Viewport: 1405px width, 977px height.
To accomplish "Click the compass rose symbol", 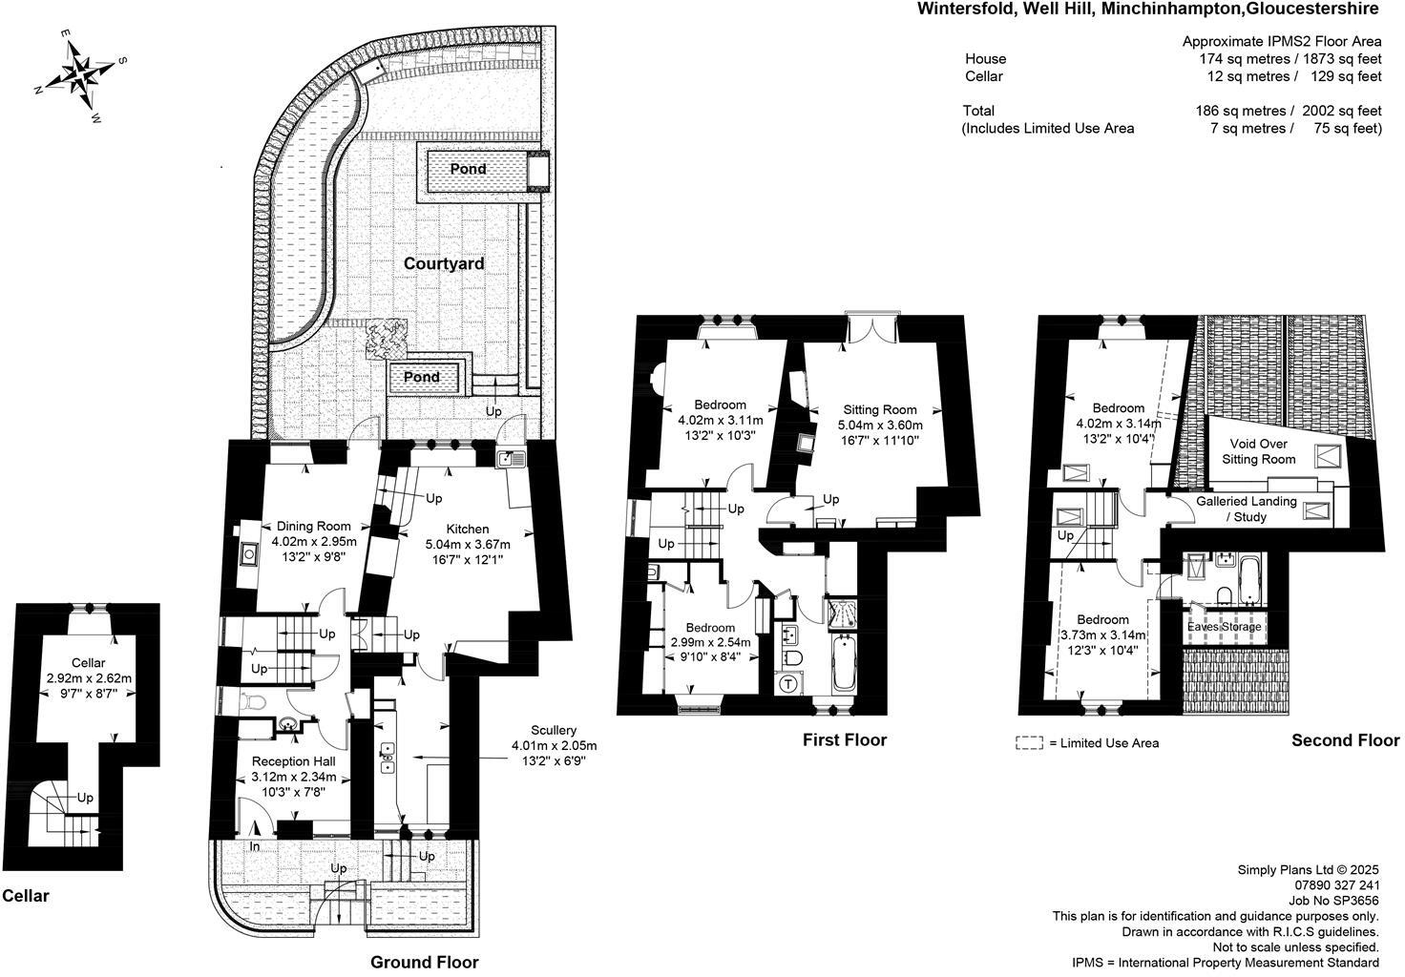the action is (81, 75).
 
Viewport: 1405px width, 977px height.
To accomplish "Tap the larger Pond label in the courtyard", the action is (468, 169).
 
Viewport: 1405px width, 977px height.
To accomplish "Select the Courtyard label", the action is (444, 263).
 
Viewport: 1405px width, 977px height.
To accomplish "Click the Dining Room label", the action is (314, 526).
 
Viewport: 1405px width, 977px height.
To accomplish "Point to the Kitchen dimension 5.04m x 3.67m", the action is (468, 544).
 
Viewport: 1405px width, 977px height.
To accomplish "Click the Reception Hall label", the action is (294, 761).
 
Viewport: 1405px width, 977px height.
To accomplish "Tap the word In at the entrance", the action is (255, 846).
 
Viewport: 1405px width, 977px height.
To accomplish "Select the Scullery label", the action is (554, 730).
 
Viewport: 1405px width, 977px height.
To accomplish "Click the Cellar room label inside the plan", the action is (89, 663).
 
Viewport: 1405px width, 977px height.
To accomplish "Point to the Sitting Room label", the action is (879, 409).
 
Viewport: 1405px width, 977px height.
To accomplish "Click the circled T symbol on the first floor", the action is (788, 683).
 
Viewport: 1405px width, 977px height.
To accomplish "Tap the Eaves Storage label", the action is (1225, 627).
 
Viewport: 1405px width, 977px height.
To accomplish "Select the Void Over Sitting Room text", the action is (1258, 451).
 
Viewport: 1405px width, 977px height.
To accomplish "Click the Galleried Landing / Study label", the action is (1247, 509).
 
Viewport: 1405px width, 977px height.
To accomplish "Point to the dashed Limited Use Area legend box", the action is (1029, 743).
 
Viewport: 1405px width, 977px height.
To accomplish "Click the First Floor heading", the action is (845, 740).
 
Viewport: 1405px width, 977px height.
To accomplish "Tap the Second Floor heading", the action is (1346, 740).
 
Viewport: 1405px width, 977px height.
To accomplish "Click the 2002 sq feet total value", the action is (1342, 111).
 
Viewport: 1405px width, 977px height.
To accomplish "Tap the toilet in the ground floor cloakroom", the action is (252, 701).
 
